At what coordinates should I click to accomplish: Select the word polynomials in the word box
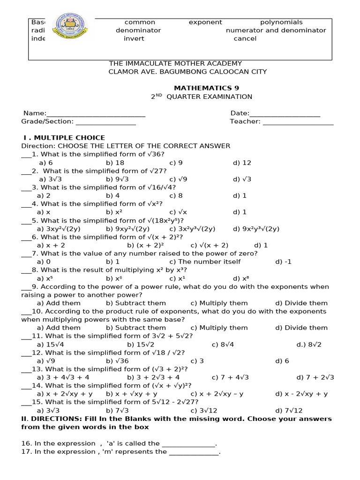click(x=281, y=22)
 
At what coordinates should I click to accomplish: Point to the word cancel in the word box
click(x=245, y=38)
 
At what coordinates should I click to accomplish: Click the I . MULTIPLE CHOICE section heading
click(x=64, y=137)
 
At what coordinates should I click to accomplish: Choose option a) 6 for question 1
click(x=45, y=163)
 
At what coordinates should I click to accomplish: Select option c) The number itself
click(x=205, y=262)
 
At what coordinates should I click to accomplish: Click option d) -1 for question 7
click(x=283, y=262)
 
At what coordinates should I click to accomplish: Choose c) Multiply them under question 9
click(x=219, y=303)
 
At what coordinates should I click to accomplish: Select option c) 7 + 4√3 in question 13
click(x=230, y=377)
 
